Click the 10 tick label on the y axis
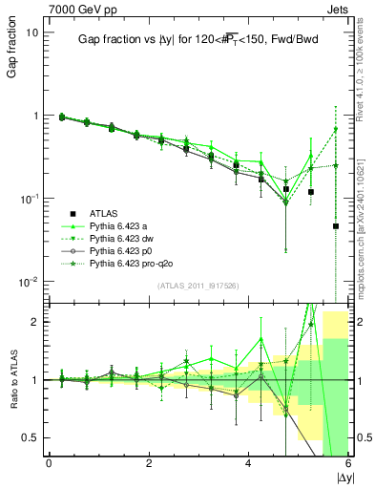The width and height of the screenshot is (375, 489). click(x=31, y=32)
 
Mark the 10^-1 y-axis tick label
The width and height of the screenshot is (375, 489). click(x=29, y=199)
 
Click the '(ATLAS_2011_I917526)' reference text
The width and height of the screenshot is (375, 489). click(x=197, y=287)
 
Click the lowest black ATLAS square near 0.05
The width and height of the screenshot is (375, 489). click(x=336, y=226)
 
